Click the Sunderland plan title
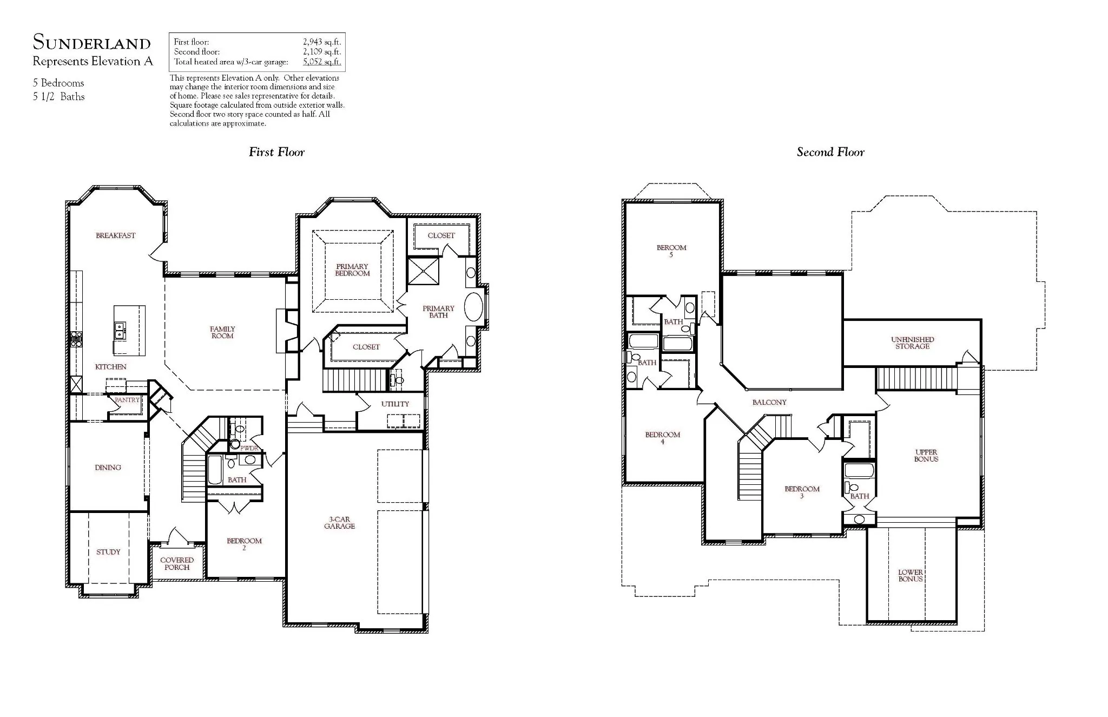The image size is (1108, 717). pos(91,42)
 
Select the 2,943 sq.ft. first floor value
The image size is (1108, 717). pos(322,42)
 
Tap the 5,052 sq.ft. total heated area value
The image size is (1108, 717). pos(322,62)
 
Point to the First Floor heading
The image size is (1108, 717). pos(276,152)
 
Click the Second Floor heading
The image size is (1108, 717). pos(830,152)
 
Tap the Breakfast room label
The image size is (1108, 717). pos(116,235)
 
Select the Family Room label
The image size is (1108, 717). pos(222,332)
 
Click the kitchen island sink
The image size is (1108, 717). pos(119,327)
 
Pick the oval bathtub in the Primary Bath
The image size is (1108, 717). pos(474,308)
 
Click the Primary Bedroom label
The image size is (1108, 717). pos(352,270)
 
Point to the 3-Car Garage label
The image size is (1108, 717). pos(340,523)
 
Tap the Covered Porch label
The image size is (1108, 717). pos(177,564)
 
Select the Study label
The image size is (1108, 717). pos(108,552)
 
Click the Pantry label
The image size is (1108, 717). pos(127,400)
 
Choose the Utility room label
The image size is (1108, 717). pos(395,404)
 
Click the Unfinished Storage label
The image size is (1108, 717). pos(913,343)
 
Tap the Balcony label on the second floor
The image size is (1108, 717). pos(769,403)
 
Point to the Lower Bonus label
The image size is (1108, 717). pos(911,576)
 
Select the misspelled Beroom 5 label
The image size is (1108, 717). pos(671,251)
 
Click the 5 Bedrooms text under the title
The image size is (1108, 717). pos(58,83)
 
